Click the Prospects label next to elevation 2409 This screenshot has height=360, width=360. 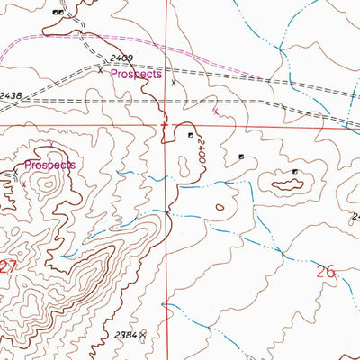pyautogui.click(x=136, y=76)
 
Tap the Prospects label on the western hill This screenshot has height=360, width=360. pyautogui.click(x=49, y=166)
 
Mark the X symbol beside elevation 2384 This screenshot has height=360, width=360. pyautogui.click(x=143, y=334)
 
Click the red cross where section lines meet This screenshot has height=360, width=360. pyautogui.click(x=165, y=125)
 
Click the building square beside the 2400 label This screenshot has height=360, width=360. pyautogui.click(x=190, y=136)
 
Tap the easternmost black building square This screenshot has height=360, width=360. pyautogui.click(x=294, y=171)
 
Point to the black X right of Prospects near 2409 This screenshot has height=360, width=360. pyautogui.click(x=174, y=82)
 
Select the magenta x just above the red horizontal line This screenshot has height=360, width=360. pyautogui.click(x=215, y=113)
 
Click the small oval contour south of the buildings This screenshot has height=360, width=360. pyautogui.click(x=220, y=207)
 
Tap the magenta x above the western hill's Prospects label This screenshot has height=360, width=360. pyautogui.click(x=51, y=144)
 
